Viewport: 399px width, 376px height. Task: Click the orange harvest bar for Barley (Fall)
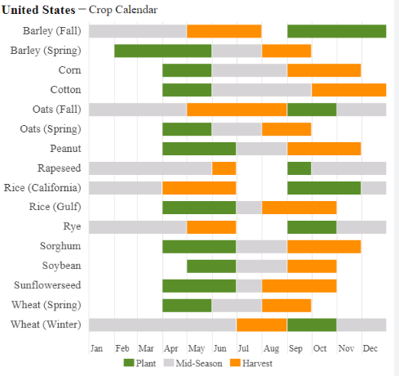pos(224,31)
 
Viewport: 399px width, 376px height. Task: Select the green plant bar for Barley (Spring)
pos(163,51)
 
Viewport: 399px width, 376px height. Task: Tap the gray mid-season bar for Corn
pos(250,70)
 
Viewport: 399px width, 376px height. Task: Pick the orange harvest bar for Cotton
pos(349,90)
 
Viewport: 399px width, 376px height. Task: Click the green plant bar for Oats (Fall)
pos(312,110)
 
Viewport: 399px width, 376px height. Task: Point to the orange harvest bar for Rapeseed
pos(224,168)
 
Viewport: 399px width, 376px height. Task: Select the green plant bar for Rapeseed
pos(299,168)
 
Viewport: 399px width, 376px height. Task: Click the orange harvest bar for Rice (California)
pos(199,188)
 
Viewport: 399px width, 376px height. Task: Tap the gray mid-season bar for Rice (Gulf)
pos(249,208)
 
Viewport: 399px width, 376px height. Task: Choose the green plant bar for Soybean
pos(211,266)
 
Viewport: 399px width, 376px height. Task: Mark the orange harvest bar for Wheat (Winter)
pos(262,325)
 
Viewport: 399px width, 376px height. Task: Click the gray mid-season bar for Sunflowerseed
pos(249,286)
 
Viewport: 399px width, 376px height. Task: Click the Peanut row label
pos(65,149)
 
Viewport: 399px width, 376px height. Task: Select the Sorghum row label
pos(60,246)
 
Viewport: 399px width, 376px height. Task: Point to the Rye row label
pos(72,226)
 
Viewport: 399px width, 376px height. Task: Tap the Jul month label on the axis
pos(243,348)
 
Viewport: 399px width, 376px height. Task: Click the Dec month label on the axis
pos(370,348)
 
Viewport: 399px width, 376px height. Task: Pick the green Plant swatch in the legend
pos(129,363)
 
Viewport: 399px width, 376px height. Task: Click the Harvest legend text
pos(257,363)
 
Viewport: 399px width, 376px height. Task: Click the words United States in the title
pos(38,10)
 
